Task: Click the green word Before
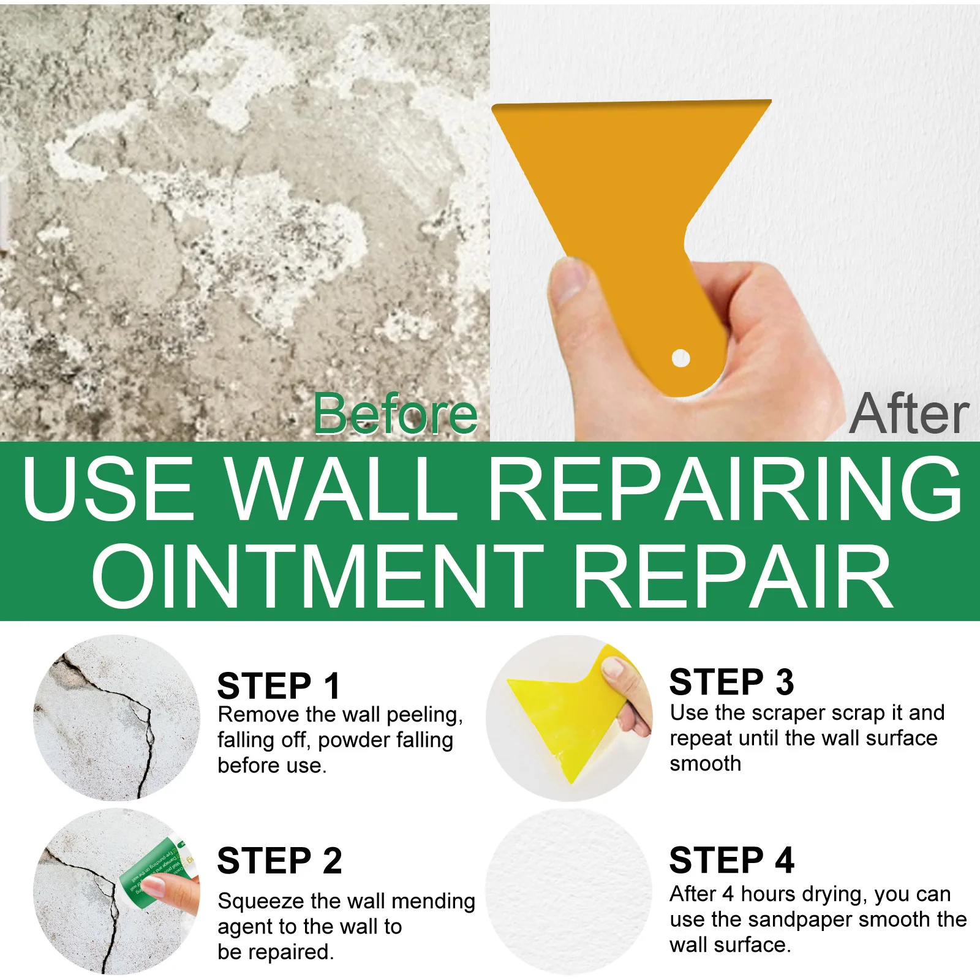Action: (x=395, y=415)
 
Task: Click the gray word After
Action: (x=909, y=415)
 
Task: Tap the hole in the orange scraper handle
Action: (x=680, y=358)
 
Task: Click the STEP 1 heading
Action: (x=279, y=685)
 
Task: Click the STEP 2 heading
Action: (x=279, y=861)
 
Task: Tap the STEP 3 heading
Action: (x=731, y=682)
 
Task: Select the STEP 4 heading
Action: (x=731, y=860)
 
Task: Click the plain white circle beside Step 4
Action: (x=568, y=891)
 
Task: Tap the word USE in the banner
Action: (x=108, y=488)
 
